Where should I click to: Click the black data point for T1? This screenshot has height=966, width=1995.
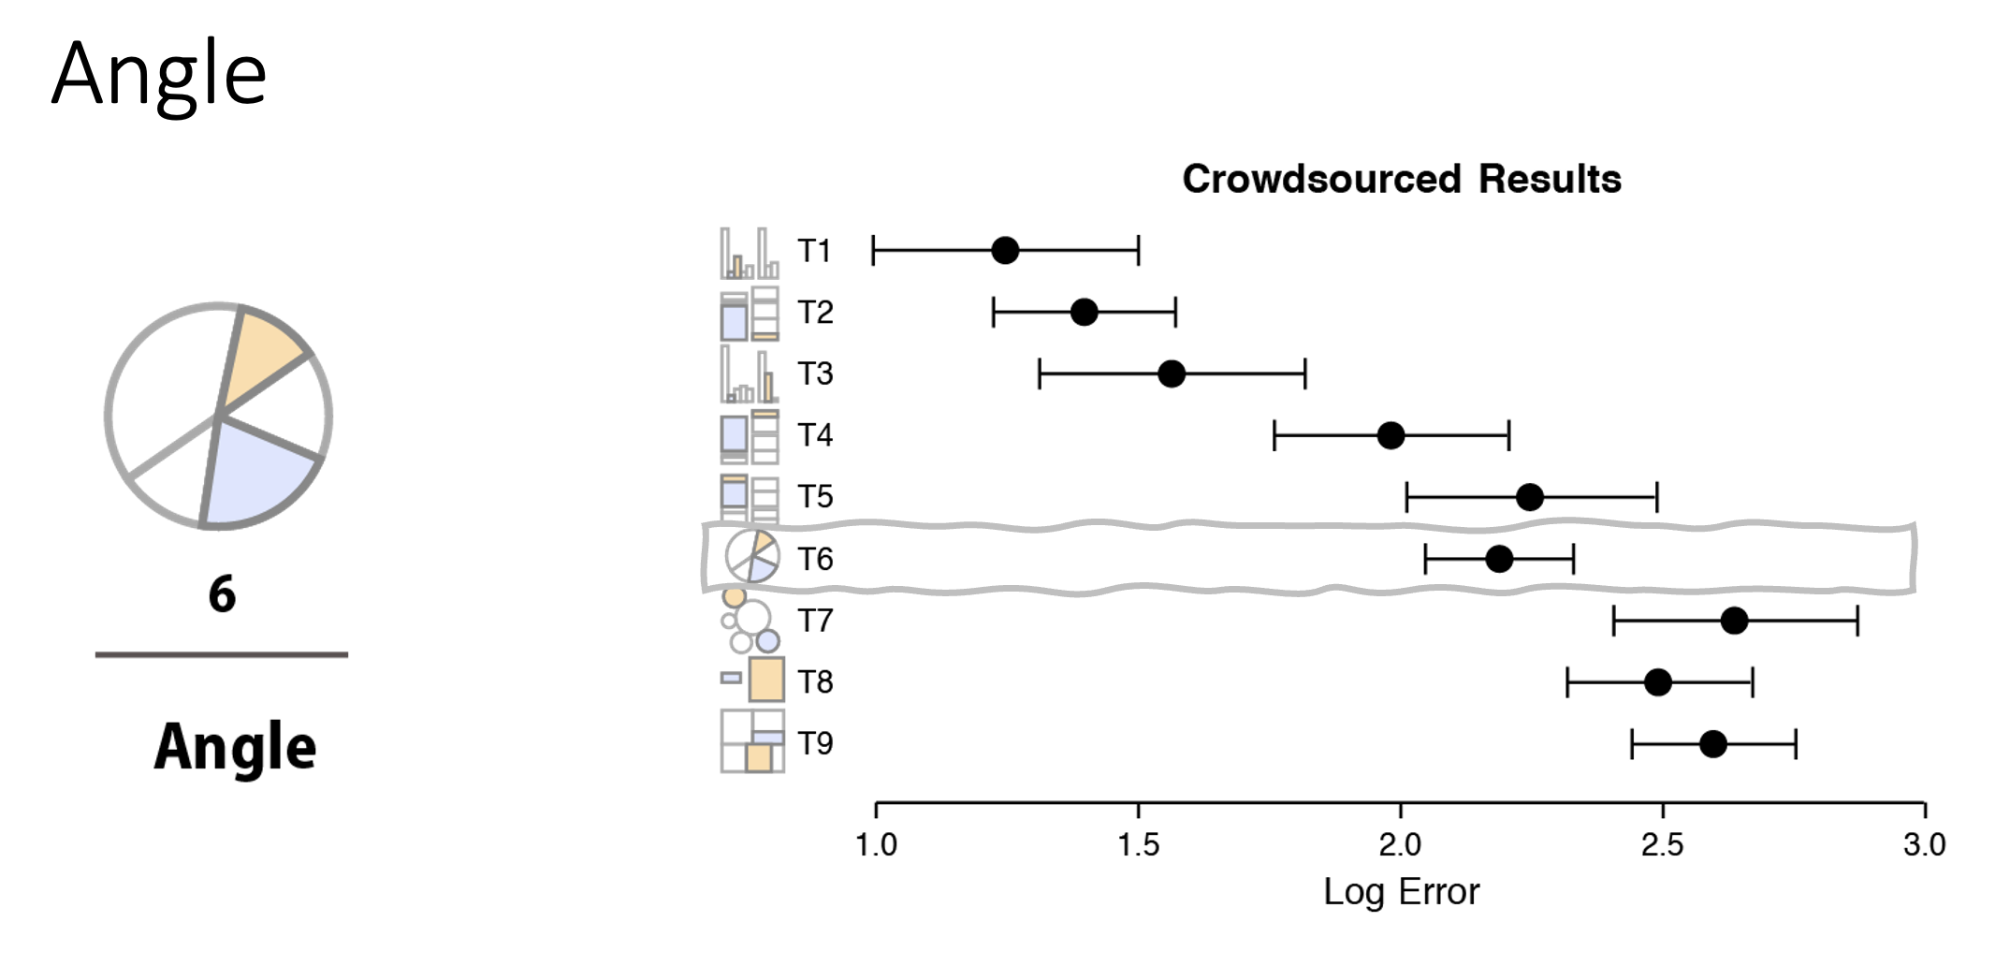[x=1005, y=251]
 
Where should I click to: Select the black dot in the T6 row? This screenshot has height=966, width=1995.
[x=1498, y=559]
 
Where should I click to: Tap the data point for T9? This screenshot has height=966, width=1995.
[x=1712, y=744]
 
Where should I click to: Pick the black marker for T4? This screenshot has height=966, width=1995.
[x=1391, y=435]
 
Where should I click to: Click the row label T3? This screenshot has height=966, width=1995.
[x=814, y=373]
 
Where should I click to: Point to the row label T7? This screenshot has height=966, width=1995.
[x=814, y=621]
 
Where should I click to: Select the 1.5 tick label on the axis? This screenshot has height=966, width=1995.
[x=1138, y=845]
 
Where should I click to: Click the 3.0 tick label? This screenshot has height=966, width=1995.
[x=1924, y=845]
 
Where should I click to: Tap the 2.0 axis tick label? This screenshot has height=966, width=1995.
[x=1400, y=845]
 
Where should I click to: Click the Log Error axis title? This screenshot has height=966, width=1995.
[x=1401, y=892]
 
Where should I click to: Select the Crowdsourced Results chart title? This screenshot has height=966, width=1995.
[x=1401, y=179]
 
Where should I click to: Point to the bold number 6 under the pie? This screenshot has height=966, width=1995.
[x=222, y=594]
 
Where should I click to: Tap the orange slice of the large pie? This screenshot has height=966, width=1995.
[x=261, y=351]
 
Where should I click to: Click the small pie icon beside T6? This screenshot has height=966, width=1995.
[x=751, y=556]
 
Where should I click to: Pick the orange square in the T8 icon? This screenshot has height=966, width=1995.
[x=766, y=680]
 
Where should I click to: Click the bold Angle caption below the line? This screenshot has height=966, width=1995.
[x=235, y=747]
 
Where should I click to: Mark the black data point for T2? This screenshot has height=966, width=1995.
[x=1084, y=312]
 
